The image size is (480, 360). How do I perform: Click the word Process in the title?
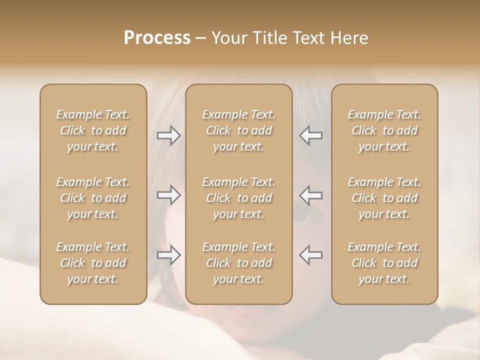157,38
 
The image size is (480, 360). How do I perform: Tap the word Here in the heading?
348,38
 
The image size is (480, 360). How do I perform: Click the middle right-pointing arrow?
168,195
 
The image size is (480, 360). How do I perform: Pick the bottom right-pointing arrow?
168,255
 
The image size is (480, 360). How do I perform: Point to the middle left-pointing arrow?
311,195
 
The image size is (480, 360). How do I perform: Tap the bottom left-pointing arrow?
311,255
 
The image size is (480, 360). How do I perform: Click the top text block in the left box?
93,130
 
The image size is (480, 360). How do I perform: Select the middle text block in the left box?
93,198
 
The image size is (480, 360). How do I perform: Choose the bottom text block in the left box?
93,263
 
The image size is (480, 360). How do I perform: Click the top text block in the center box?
239,130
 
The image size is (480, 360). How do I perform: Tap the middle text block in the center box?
239,198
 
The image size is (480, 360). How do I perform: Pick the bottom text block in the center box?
239,263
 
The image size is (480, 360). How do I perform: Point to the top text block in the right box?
384,130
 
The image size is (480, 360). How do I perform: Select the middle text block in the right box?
384,198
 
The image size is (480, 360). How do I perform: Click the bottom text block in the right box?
384,263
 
